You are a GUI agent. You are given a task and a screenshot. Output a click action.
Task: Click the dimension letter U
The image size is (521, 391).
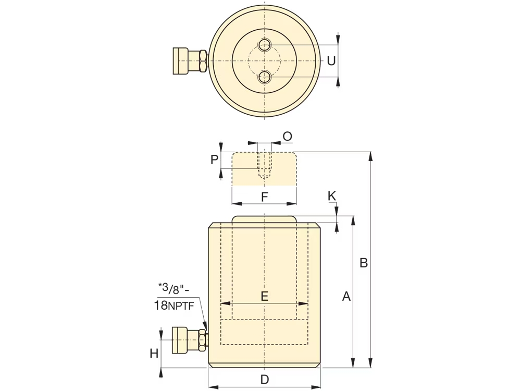tap(331, 61)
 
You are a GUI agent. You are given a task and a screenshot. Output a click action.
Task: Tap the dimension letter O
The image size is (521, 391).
tap(287, 137)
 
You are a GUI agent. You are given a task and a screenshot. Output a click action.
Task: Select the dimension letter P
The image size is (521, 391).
tap(214, 160)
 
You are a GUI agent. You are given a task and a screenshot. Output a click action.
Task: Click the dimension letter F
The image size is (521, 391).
tap(264, 197)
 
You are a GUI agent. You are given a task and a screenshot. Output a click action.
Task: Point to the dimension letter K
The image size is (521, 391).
tap(332, 196)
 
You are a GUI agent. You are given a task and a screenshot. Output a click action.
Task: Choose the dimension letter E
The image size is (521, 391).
tap(264, 296)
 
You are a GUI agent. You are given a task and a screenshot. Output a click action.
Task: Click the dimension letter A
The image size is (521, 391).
tap(346, 297)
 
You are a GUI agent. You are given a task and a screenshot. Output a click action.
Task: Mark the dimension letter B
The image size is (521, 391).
tap(364, 263)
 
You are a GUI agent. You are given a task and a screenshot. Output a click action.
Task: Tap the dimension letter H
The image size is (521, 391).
tap(154, 353)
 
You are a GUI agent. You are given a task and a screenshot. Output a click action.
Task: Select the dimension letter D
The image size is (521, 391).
tap(264, 380)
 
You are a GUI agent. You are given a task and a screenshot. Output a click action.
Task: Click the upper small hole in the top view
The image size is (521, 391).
tap(265, 45)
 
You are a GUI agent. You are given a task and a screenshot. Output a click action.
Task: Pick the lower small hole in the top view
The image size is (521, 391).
tap(265, 78)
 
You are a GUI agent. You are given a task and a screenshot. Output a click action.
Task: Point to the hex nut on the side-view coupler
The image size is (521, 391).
tap(201, 340)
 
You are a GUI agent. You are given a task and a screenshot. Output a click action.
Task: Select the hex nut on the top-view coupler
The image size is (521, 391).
tap(201, 61)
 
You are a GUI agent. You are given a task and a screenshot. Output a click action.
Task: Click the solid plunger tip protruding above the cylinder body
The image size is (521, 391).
tap(264, 220)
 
